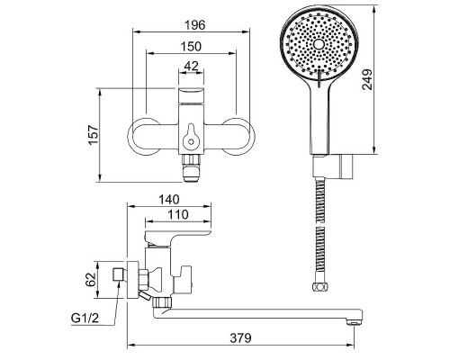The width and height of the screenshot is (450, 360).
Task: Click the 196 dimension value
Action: (194, 25)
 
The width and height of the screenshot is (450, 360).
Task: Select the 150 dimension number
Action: (191, 47)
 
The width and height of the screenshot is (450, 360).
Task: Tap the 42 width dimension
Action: (192, 66)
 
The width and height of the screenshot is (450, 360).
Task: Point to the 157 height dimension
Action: (94, 134)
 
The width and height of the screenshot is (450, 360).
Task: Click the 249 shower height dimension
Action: (367, 79)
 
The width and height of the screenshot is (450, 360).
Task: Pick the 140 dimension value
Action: (169, 199)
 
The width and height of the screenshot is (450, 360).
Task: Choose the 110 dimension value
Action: (178, 214)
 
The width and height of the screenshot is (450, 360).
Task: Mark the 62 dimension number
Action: (90, 280)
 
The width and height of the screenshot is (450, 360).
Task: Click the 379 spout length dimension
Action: (241, 338)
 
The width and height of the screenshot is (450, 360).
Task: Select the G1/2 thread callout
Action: (85, 318)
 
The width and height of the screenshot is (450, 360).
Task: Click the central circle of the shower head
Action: (319, 45)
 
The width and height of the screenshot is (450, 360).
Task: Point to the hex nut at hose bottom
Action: (319, 287)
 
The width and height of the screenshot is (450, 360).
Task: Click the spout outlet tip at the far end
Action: (354, 322)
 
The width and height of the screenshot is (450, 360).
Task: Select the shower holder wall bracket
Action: (334, 166)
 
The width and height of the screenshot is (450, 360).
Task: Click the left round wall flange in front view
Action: (143, 137)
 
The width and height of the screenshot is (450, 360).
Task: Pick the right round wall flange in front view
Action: (239, 137)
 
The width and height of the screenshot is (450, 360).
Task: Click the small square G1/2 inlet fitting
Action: (119, 274)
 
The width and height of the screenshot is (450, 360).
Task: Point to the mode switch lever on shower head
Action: (319, 79)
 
